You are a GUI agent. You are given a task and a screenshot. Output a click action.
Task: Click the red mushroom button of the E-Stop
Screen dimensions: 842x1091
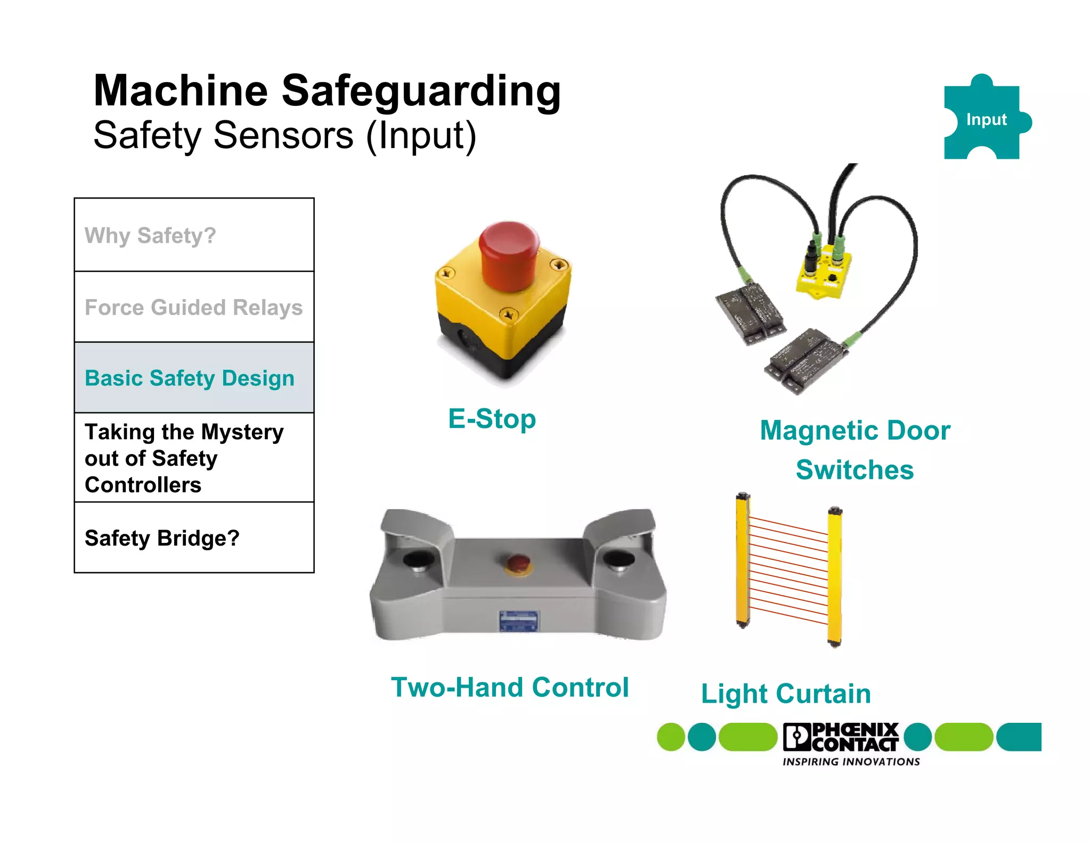[x=509, y=255]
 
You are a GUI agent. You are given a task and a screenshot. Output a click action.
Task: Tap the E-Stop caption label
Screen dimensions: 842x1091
[x=492, y=419]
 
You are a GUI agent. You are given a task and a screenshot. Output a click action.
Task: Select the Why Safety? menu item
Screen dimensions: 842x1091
[x=150, y=236]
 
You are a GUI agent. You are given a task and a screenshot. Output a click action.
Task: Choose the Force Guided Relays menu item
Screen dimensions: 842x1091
[x=193, y=308]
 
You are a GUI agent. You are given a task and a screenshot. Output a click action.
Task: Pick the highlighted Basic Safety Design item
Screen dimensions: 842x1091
[x=190, y=378]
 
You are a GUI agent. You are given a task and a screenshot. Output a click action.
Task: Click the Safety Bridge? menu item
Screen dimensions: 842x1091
[x=162, y=538]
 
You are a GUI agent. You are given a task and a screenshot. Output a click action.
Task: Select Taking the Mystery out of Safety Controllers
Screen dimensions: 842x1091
[x=184, y=458]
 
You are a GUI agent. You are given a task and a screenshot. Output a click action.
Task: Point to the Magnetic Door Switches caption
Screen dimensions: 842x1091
[x=854, y=450]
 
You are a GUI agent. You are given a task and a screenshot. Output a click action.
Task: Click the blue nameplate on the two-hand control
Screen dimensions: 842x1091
[x=518, y=621]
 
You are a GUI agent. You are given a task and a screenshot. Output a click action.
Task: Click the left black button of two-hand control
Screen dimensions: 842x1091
[x=419, y=560]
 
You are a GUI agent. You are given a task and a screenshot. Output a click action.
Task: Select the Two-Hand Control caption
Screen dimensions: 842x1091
[x=510, y=687]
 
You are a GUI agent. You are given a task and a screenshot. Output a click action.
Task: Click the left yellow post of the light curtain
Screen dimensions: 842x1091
[x=743, y=559]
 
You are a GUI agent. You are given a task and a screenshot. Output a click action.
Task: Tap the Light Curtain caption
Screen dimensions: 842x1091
[x=786, y=694]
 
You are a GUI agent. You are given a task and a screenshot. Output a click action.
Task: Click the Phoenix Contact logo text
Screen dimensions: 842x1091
[x=852, y=737]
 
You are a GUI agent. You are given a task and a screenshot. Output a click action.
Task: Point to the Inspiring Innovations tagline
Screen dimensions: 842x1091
[x=851, y=762]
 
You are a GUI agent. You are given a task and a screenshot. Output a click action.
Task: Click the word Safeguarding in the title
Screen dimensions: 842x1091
[x=421, y=92]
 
